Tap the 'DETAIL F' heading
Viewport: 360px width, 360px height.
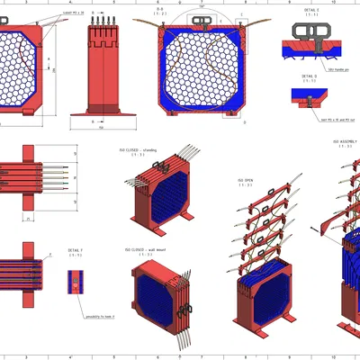[76, 249]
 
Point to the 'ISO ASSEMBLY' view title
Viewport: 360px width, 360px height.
[346, 141]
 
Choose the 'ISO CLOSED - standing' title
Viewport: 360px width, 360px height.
[139, 150]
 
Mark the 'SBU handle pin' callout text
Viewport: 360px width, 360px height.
[338, 68]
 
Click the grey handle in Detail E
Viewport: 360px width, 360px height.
[312, 31]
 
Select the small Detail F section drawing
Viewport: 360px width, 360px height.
[74, 282]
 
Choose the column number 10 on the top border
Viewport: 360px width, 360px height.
[333, 3]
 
